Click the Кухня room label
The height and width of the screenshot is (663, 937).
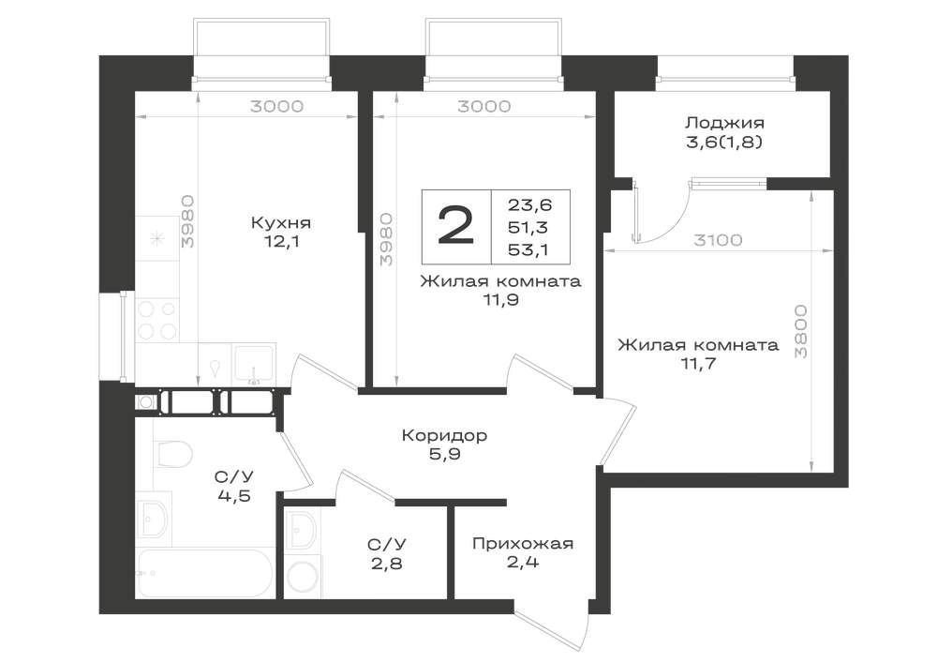281,223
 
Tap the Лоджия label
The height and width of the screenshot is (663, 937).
724,123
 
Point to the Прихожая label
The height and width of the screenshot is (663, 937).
523,543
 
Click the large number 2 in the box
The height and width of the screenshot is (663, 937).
456,226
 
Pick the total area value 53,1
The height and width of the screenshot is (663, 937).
530,249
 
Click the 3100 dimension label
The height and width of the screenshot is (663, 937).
718,240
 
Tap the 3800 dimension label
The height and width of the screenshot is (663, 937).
801,331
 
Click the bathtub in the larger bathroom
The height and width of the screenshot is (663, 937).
205,573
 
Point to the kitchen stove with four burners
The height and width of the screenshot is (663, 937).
157,320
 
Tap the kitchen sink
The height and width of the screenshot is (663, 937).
254,364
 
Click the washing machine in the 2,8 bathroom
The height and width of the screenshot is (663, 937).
305,578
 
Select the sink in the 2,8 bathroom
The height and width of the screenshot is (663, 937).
303,531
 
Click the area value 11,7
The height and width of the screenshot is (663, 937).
699,364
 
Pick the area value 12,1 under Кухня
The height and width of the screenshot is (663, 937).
281,242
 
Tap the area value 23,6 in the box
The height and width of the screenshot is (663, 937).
530,205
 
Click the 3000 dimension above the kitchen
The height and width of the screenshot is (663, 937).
276,106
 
